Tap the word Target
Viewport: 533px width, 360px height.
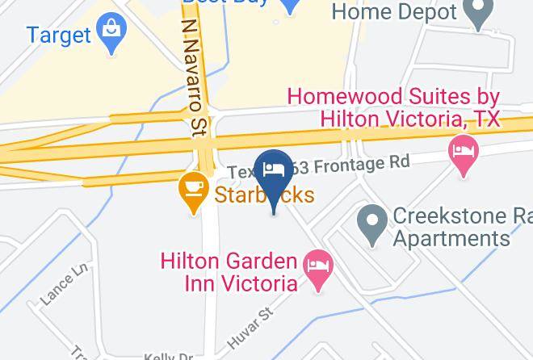pos(57,36)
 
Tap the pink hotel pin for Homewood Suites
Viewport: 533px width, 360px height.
pos(463,153)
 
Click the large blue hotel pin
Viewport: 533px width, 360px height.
pos(274,173)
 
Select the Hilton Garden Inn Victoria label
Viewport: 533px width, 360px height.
pos(229,273)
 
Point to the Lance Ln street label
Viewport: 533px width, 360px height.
pos(62,285)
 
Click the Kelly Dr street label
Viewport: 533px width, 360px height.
pos(170,355)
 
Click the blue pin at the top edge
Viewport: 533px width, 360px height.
pos(289,5)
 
